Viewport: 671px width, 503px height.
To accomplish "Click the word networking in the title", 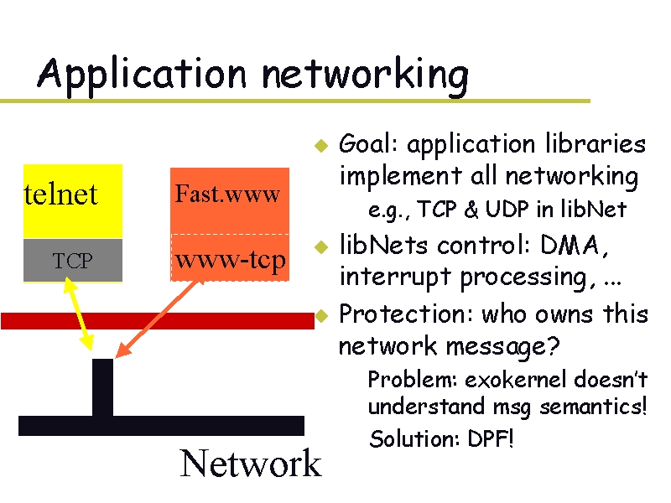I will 364,75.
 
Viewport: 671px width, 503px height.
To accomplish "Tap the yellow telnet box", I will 72,200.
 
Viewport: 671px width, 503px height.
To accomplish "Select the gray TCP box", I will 72,261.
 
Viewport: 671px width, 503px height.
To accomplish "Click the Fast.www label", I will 227,195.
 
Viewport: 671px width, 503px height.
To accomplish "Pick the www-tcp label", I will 230,260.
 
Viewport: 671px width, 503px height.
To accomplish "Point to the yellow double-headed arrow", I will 76,314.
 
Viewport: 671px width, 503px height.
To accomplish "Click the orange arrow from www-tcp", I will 159,319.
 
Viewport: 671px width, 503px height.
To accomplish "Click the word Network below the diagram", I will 250,464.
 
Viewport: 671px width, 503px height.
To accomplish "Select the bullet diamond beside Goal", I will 319,145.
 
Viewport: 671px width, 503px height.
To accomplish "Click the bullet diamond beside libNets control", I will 319,247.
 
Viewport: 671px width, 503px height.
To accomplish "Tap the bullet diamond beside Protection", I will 319,316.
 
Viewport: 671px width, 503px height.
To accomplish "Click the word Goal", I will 368,145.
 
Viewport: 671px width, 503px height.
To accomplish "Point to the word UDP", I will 502,210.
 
